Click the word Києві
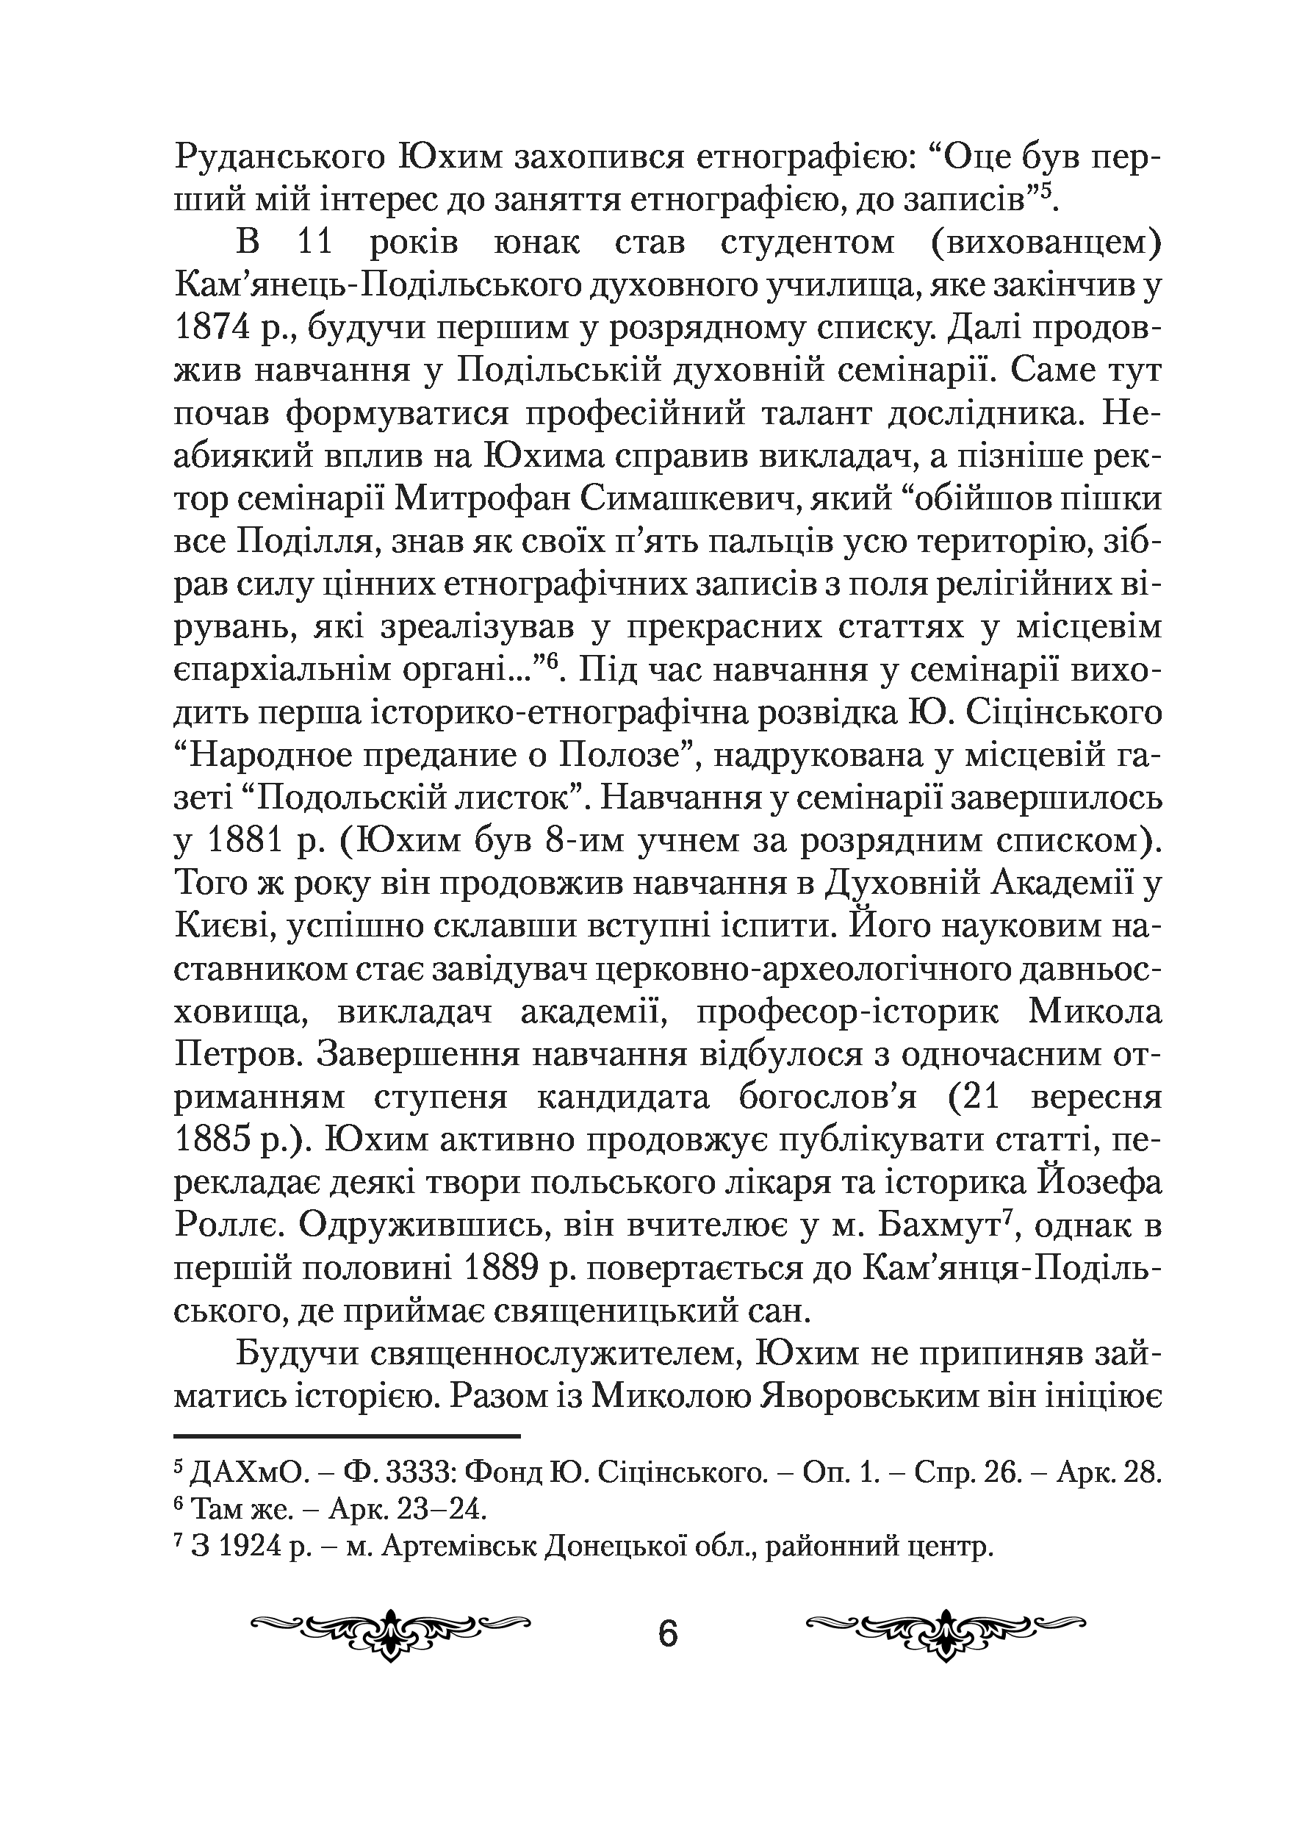click(x=223, y=926)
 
